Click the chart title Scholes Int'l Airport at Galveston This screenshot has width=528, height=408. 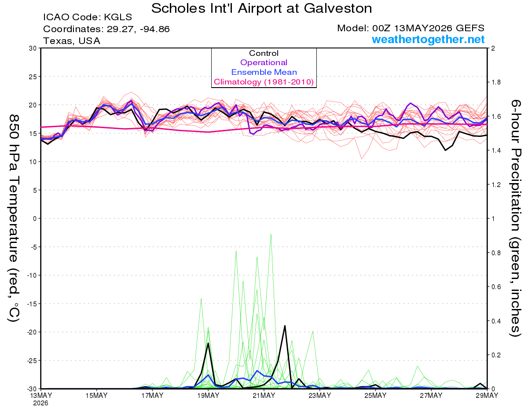pyautogui.click(x=261, y=8)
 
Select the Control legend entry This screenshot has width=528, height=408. pyautogui.click(x=264, y=53)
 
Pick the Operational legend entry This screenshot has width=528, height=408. pyautogui.click(x=264, y=62)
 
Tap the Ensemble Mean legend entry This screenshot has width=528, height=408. pyautogui.click(x=264, y=72)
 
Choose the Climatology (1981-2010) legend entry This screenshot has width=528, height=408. pyautogui.click(x=264, y=82)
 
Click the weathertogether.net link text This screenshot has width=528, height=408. pyautogui.click(x=428, y=39)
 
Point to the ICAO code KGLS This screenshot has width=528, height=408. pyautogui.click(x=118, y=17)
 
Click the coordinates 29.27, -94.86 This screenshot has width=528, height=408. pyautogui.click(x=138, y=29)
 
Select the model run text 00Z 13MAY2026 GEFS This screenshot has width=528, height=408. pyautogui.click(x=428, y=28)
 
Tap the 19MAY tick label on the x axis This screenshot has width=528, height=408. pyautogui.click(x=208, y=395)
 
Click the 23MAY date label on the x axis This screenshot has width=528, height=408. pyautogui.click(x=319, y=395)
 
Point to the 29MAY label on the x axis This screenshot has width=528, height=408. pyautogui.click(x=487, y=395)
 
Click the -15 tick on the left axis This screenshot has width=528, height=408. pyautogui.click(x=32, y=304)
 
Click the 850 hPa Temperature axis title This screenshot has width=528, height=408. pyautogui.click(x=14, y=218)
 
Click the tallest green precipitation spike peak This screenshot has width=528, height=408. pyautogui.click(x=271, y=234)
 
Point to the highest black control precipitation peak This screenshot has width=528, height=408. pyautogui.click(x=285, y=326)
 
